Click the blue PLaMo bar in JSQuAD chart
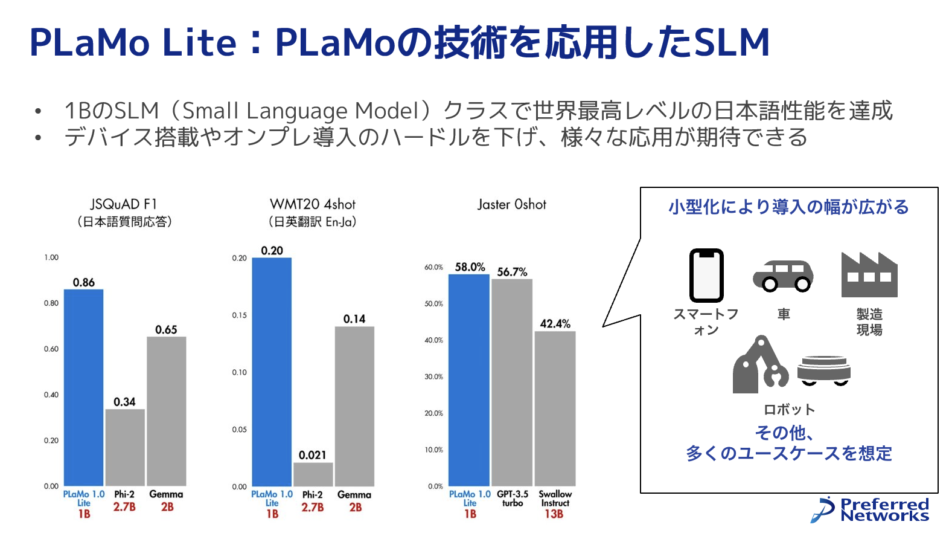coord(83,387)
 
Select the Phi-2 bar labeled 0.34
coord(125,447)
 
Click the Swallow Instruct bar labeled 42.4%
coord(555,408)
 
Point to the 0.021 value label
coord(313,455)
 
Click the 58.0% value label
coord(470,267)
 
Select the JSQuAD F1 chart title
coord(124,204)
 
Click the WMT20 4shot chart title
coord(313,204)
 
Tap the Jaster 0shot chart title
coord(512,205)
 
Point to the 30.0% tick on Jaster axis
coord(433,376)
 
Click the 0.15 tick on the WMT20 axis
coord(239,315)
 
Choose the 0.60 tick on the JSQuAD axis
coord(51,349)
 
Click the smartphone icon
coord(706,275)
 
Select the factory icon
coord(869,275)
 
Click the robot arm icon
coord(759,365)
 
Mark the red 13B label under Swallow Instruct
coord(554,514)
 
